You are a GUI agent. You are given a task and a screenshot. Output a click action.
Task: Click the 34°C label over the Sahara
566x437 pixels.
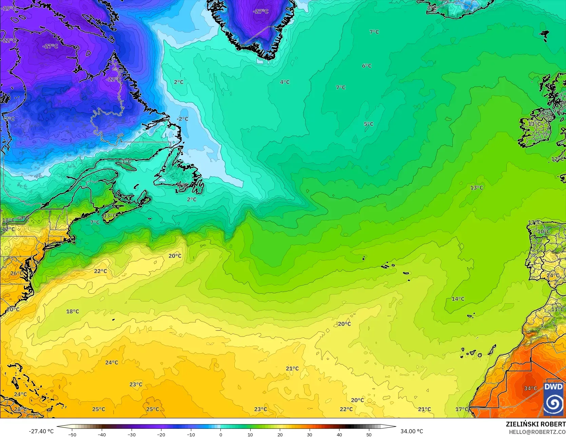(530, 388)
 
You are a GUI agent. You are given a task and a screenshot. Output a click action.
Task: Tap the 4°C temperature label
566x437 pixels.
(285, 82)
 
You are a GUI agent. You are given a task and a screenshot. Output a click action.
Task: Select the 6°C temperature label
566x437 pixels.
(367, 66)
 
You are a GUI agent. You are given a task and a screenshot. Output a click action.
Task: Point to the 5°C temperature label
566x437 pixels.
(369, 124)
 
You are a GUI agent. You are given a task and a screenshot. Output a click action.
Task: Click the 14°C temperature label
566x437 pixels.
(458, 299)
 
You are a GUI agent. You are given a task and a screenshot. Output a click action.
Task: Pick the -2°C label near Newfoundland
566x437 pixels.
(182, 119)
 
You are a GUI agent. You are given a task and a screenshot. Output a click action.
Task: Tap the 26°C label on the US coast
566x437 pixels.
(16, 273)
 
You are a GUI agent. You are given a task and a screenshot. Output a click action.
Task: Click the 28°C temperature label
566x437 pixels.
(20, 409)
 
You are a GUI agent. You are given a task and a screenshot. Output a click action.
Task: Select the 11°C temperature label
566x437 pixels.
(558, 309)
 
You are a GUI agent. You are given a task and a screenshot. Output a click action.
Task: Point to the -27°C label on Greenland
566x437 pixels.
(260, 12)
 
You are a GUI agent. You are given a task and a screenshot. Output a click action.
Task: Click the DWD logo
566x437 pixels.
(553, 399)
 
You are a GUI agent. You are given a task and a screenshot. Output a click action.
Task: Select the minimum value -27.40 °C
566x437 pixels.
(41, 431)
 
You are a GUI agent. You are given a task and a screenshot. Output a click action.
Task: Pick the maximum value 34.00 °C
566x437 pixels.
(412, 431)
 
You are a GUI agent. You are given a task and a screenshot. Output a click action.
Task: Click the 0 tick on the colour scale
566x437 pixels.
(220, 434)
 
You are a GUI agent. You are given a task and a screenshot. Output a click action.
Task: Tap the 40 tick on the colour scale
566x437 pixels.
(339, 434)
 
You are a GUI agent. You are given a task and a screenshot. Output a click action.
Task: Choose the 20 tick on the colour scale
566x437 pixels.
(280, 434)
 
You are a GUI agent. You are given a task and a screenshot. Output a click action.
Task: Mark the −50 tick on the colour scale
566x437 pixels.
(72, 434)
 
